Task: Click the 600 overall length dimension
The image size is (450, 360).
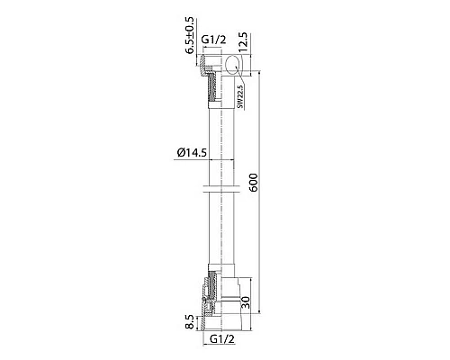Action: [x=254, y=182]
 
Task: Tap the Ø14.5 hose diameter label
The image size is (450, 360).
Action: [x=192, y=153]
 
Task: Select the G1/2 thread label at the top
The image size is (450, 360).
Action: [x=213, y=40]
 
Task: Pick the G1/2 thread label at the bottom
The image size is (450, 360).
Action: [x=222, y=339]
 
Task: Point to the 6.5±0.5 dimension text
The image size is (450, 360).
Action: [x=190, y=36]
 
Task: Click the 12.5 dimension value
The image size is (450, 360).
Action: [x=243, y=42]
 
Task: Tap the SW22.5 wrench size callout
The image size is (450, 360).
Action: [x=240, y=96]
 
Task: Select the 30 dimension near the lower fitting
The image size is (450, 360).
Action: [x=245, y=301]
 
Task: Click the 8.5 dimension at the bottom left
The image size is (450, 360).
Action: [x=190, y=322]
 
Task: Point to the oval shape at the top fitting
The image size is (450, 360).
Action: [x=233, y=64]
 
